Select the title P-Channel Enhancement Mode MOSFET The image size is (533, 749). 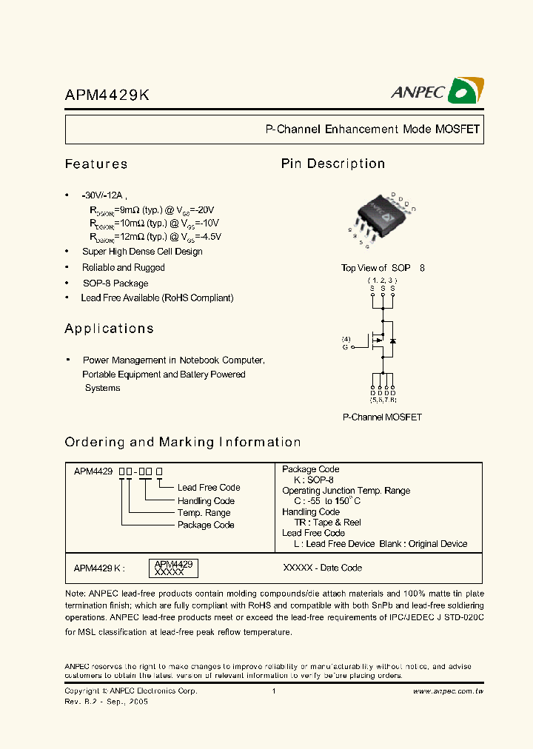(x=372, y=130)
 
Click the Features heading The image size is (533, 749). (x=96, y=164)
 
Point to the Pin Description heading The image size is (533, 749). (x=333, y=164)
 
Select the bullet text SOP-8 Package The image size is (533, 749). (x=115, y=283)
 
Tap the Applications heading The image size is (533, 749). (x=109, y=329)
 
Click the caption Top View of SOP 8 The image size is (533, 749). (x=383, y=268)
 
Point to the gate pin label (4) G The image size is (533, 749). (x=346, y=343)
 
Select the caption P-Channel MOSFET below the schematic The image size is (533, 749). (x=382, y=417)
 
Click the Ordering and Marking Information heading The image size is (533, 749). (x=183, y=443)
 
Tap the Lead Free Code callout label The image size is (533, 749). (x=209, y=488)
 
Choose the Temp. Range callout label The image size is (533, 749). (x=204, y=513)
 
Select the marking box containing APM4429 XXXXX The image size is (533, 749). (x=174, y=568)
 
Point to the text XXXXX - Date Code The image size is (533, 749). (x=323, y=568)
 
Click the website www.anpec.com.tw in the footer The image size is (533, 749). (x=448, y=691)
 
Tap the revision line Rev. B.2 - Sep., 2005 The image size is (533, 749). (x=107, y=701)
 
